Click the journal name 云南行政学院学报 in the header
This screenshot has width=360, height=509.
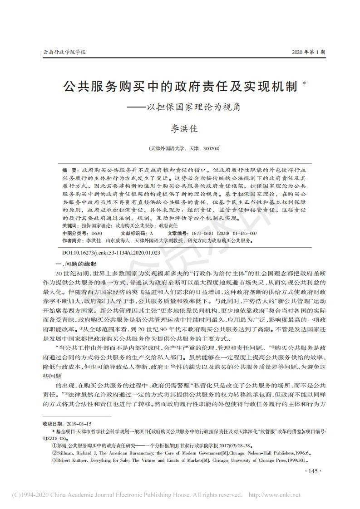coord(64,52)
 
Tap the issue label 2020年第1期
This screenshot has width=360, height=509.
coord(308,52)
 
